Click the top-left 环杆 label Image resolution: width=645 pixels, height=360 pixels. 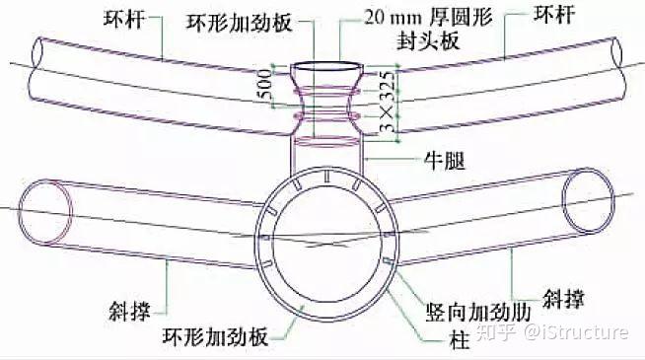[x=124, y=19]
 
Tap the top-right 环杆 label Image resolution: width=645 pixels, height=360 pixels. [x=554, y=15]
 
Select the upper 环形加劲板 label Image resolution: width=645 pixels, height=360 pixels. [x=239, y=23]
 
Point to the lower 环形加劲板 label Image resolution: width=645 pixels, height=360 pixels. [x=215, y=336]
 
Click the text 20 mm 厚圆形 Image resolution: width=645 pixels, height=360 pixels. [x=429, y=18]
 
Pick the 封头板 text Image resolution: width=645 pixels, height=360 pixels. [x=428, y=40]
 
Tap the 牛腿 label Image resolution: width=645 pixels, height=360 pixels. [x=445, y=161]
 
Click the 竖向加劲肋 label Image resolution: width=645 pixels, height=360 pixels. [x=478, y=313]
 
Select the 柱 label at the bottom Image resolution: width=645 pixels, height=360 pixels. [x=459, y=340]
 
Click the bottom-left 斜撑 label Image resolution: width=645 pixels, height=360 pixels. [x=129, y=311]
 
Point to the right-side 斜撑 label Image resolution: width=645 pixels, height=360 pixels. [x=563, y=299]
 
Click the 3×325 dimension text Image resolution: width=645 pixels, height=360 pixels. [x=388, y=102]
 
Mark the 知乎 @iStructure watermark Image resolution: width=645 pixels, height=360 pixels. [x=552, y=332]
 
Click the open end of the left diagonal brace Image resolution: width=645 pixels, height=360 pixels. [x=45, y=211]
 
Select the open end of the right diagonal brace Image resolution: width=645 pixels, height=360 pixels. [x=588, y=200]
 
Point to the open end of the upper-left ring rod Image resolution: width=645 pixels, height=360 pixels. [x=37, y=52]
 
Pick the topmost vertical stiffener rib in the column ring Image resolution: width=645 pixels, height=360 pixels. [x=326, y=176]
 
